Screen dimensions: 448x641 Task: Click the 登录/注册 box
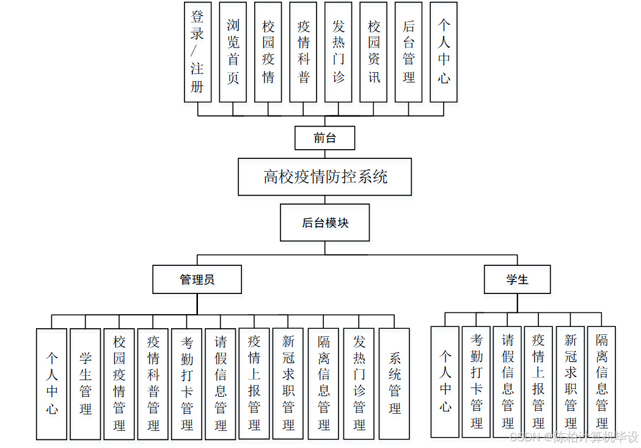coord(197,52)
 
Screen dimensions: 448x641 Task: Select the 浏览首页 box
coord(233,52)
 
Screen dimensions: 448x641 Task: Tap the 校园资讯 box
coord(374,52)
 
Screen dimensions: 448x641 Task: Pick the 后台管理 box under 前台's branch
coord(409,52)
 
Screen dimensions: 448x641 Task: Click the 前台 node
coord(324,138)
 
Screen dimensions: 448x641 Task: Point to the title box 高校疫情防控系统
coord(324,177)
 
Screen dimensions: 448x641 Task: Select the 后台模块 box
coord(324,223)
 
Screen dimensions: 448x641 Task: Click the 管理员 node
coord(197,280)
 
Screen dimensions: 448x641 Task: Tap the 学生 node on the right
coord(517,279)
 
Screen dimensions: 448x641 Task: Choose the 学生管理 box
coord(86,384)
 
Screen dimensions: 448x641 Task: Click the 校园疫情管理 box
coord(119,384)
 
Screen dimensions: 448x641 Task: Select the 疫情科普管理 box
coord(153,384)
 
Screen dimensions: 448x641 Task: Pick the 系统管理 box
coord(394,384)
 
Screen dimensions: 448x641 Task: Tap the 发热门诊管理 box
coord(359,384)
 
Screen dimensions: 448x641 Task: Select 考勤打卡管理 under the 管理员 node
coord(187,384)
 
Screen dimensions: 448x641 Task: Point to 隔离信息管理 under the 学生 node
coord(602,381)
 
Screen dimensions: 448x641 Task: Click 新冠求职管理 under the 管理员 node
coord(288,384)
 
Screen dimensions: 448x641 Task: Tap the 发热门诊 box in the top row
coord(339,52)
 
